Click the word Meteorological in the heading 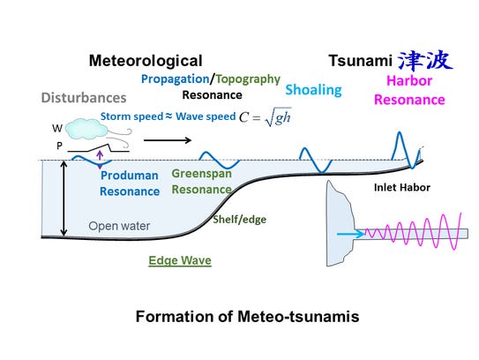[146, 61]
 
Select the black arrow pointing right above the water [188, 139]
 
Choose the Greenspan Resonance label [202, 181]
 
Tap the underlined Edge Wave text [179, 261]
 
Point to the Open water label [119, 226]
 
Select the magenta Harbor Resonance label [415, 89]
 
